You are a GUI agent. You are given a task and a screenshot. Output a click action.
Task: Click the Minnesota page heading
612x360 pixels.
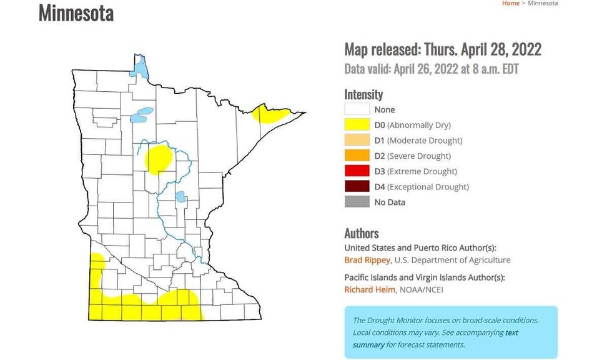[x=76, y=13]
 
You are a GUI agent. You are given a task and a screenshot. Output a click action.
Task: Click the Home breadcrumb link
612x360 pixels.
[x=510, y=3]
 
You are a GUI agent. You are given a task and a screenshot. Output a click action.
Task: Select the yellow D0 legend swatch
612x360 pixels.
[x=357, y=125]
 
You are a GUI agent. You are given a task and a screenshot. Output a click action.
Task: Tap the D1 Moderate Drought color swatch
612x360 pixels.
[x=357, y=141]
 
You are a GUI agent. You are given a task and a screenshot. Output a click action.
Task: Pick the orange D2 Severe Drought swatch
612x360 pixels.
[x=357, y=156]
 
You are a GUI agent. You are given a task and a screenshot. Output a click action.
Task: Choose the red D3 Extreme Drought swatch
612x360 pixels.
[x=357, y=171]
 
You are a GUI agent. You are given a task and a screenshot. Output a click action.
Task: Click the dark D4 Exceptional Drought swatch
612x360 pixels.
[x=357, y=186]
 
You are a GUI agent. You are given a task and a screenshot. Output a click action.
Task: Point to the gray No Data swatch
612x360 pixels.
[x=357, y=202]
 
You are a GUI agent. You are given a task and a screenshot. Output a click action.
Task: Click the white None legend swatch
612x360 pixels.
[x=357, y=110]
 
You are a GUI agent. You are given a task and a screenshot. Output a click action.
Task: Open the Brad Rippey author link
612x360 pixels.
[x=367, y=260]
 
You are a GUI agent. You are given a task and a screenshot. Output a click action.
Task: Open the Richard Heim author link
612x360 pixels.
[x=370, y=289]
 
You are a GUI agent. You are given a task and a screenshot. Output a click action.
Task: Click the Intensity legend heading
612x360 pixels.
[x=363, y=94]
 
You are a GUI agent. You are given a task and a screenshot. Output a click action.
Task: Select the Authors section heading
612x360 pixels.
[x=362, y=233]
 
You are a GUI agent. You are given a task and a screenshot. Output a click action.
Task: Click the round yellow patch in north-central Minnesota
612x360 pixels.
[x=159, y=159]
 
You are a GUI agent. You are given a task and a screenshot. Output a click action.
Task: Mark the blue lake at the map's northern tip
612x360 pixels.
[x=141, y=66]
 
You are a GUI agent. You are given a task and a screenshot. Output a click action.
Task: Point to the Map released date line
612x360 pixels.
[x=443, y=50]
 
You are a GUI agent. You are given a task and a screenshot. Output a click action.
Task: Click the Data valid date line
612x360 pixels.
[x=432, y=69]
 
